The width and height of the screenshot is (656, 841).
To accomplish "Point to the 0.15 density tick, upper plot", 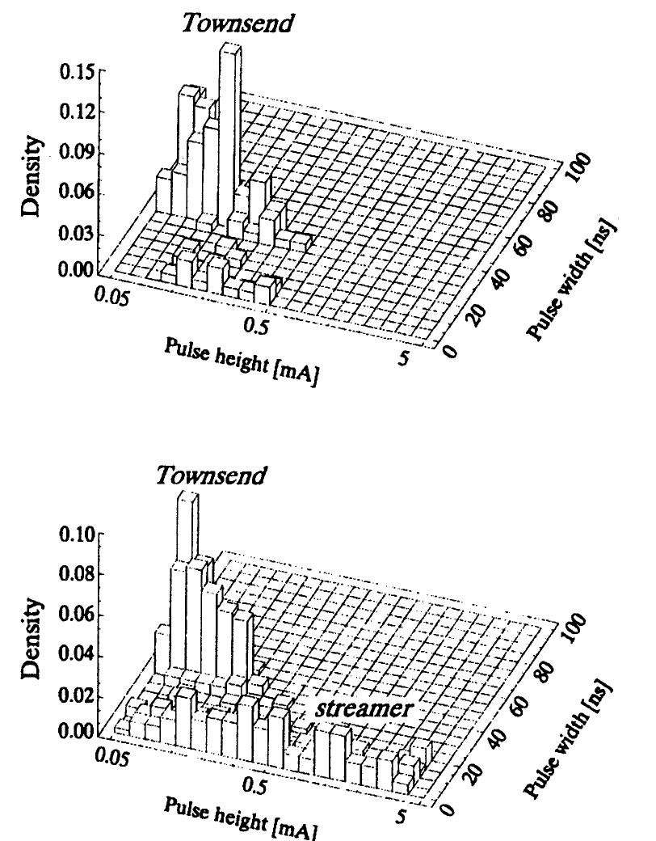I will click(x=79, y=73).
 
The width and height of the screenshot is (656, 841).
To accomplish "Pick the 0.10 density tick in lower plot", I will click(x=79, y=534).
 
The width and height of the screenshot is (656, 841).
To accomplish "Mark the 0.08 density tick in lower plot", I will click(x=79, y=574).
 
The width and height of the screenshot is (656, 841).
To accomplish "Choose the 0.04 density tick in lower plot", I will click(x=79, y=656).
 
